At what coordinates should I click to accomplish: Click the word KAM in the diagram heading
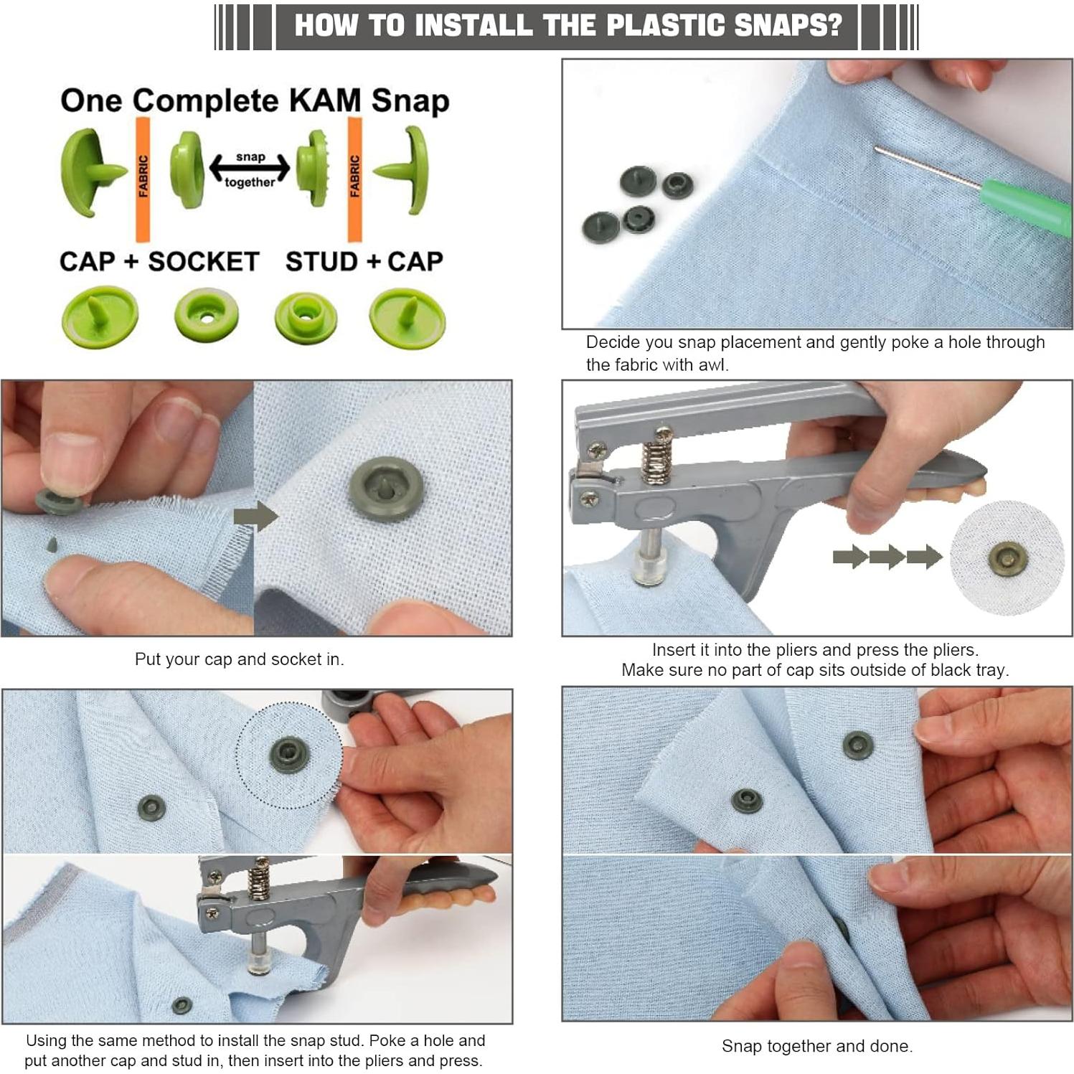click(x=324, y=100)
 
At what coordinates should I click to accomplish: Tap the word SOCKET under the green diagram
click(x=203, y=262)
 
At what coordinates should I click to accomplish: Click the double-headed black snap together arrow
click(x=250, y=169)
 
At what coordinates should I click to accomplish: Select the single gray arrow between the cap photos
click(x=256, y=515)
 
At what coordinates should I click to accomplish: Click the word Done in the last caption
click(x=891, y=1046)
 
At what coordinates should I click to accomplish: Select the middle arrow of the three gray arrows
click(x=887, y=557)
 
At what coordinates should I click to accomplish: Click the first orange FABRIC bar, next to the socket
click(x=143, y=179)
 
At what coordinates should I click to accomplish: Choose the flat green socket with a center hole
click(x=207, y=314)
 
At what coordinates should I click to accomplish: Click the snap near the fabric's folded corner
click(x=747, y=799)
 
